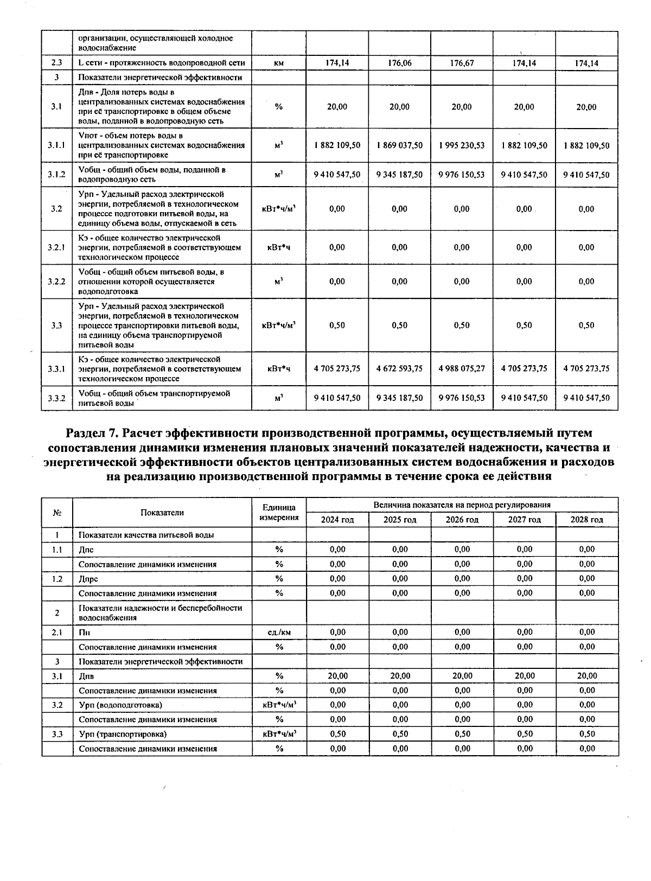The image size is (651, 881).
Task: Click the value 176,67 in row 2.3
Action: click(x=462, y=63)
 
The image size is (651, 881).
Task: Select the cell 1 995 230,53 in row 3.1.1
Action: click(x=462, y=145)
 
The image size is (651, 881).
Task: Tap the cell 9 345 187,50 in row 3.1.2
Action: click(x=399, y=175)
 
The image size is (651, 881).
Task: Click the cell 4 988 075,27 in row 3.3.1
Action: click(x=462, y=368)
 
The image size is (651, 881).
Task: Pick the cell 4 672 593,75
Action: click(x=399, y=368)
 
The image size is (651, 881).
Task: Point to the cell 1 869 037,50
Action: click(x=399, y=145)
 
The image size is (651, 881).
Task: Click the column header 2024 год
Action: click(x=337, y=520)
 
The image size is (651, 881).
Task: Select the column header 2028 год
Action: click(x=586, y=520)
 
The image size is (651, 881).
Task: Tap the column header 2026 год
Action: click(x=462, y=520)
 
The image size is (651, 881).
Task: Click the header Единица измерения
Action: click(x=279, y=513)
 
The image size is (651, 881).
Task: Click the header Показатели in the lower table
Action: click(x=162, y=513)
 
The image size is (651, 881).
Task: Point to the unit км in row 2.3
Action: click(x=279, y=63)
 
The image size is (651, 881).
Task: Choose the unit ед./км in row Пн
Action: click(x=279, y=632)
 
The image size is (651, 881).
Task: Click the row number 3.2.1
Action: click(x=56, y=247)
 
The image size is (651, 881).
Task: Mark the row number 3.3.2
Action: click(x=56, y=398)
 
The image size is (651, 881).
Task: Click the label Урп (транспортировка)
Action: click(x=123, y=734)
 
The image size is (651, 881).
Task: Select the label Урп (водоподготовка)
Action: click(x=120, y=705)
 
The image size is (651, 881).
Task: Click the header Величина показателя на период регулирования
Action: click(x=462, y=505)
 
